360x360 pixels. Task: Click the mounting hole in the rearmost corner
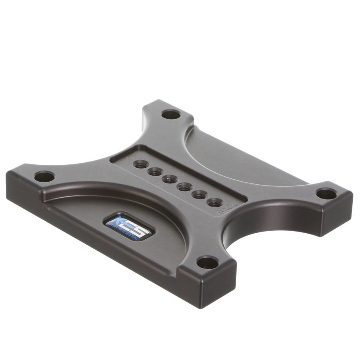[x=170, y=114]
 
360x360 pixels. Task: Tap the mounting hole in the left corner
[x=44, y=177]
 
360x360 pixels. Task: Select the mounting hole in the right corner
[x=326, y=194]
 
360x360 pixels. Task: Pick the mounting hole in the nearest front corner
[x=208, y=263]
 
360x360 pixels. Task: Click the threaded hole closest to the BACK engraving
[x=215, y=202]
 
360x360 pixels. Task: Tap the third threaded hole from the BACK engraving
[x=185, y=187]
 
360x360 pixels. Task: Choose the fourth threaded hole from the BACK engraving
[x=169, y=179]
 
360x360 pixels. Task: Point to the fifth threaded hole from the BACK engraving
[x=155, y=172]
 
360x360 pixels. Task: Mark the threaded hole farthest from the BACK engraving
[x=140, y=164]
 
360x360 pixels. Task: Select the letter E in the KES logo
[x=125, y=224]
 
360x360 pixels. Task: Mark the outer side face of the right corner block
[x=338, y=215]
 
